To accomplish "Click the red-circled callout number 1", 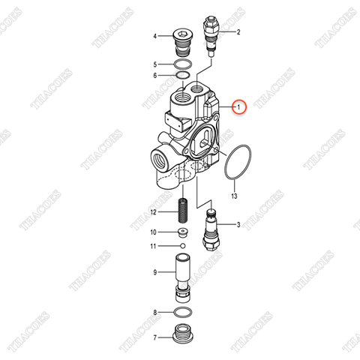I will (x=239, y=107).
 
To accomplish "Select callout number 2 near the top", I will (x=238, y=32).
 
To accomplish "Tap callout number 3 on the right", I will (x=238, y=224).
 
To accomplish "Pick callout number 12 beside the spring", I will (x=153, y=213).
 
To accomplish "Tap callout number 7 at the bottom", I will (x=154, y=337).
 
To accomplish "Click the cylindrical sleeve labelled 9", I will (x=182, y=274).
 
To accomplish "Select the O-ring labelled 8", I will (x=182, y=312).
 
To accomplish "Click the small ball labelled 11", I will (x=182, y=245).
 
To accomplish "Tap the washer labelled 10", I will (x=182, y=232).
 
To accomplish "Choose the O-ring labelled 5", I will (x=182, y=64).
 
